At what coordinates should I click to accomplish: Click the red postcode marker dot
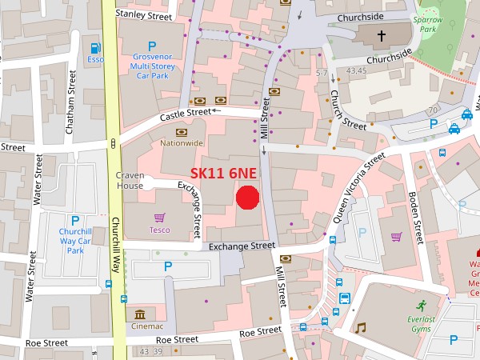(248, 197)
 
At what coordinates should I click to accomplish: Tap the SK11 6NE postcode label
(225, 173)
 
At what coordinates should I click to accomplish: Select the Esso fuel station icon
(95, 48)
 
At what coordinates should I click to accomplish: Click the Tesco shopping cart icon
(160, 217)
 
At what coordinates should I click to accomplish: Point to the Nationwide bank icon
(182, 132)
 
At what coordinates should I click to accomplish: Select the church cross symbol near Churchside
(382, 35)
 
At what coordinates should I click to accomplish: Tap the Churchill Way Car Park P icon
(75, 221)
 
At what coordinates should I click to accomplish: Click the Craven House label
(130, 180)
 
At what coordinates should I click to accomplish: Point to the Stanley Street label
(144, 14)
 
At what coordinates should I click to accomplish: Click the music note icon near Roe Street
(361, 327)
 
